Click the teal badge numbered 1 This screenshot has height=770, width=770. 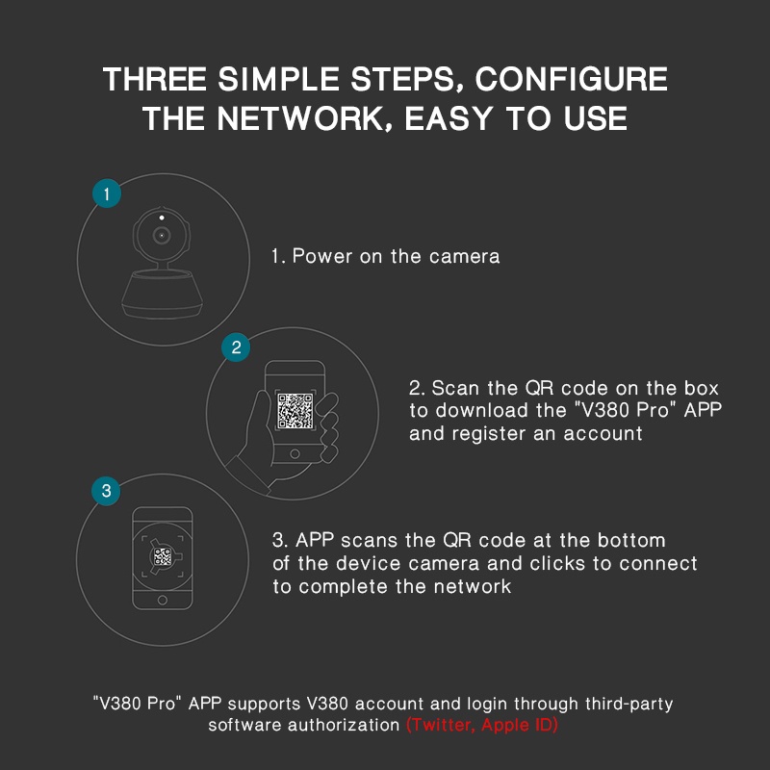107,193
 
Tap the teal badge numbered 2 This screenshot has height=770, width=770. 236,347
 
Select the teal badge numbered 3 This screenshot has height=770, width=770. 106,491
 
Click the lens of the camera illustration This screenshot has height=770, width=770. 162,236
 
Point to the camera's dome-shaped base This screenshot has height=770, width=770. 162,294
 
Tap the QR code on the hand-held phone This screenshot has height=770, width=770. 295,411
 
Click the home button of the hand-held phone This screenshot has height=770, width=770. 295,453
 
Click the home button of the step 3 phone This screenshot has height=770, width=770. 163,600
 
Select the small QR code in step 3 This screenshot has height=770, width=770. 163,557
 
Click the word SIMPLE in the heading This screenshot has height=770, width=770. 278,79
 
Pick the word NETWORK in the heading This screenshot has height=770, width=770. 301,118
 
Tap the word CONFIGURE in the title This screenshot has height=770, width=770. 571,79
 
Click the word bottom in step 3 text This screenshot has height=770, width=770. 631,540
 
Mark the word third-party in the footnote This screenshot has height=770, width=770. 629,705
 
